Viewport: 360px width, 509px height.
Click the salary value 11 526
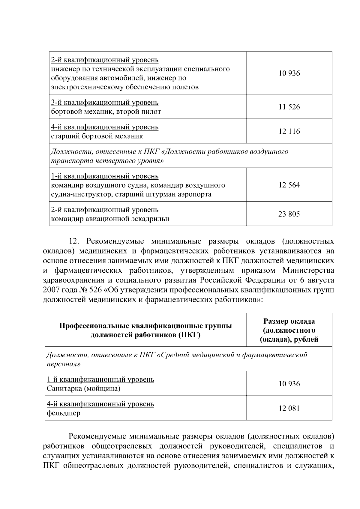pos(289,107)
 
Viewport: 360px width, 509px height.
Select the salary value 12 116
pos(289,131)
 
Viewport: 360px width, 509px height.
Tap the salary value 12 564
pos(289,185)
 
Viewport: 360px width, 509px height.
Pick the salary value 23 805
pos(289,214)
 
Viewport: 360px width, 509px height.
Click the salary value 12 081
pos(289,408)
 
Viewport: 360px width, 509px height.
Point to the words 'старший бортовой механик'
pos(97,136)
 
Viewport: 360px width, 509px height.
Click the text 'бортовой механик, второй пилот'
pos(106,112)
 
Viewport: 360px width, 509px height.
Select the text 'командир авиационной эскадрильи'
pos(110,219)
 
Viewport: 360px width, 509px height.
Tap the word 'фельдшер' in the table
pos(64,413)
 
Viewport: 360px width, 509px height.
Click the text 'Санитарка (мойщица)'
pos(84,389)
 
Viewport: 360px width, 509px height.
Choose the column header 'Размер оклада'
pos(289,321)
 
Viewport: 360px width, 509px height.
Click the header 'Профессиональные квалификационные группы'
pos(145,326)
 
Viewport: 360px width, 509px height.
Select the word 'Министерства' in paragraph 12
pos(308,271)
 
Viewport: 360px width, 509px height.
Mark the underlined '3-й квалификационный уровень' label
pos(105,103)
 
